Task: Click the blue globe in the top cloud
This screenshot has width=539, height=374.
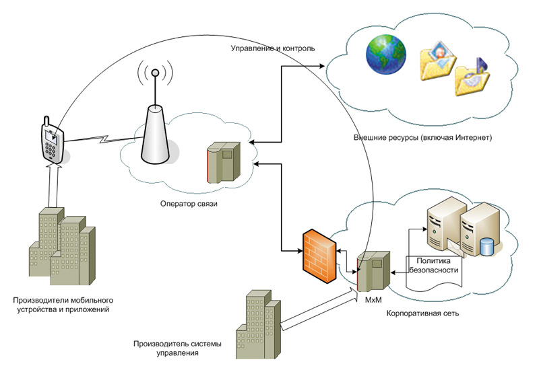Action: coord(386,54)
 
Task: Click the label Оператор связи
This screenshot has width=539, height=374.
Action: coord(189,202)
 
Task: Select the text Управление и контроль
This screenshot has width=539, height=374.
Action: coord(273,48)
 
